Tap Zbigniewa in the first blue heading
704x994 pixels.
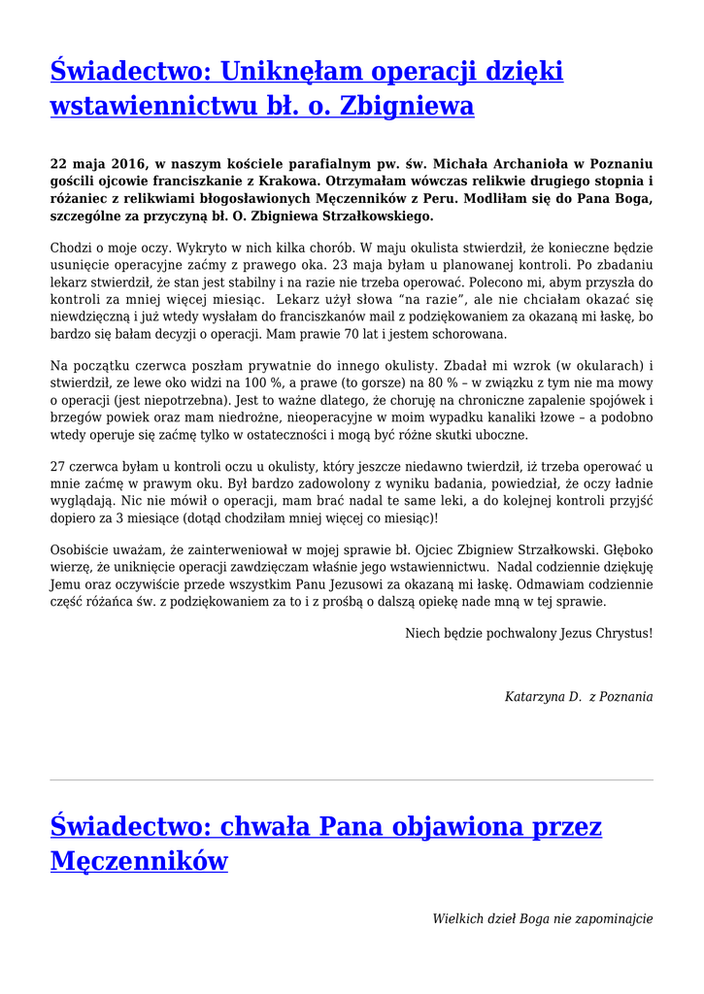point(407,106)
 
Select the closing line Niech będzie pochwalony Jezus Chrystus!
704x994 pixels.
point(528,633)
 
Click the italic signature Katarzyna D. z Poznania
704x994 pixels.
point(578,696)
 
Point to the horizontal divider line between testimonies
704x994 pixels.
point(352,779)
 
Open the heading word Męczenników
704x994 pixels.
point(139,860)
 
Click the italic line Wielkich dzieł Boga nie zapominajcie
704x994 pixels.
point(542,918)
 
